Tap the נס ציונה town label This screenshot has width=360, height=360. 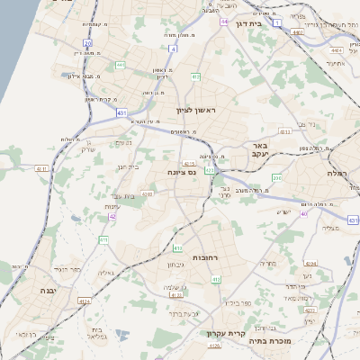pos(182,172)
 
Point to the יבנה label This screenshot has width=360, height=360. pos(48,291)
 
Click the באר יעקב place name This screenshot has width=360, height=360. pos(259,150)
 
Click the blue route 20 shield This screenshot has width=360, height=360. pos(87,42)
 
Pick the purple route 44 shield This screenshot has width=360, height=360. pos(223,21)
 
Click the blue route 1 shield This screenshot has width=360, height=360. pos(278,22)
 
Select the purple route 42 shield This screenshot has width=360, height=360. pos(112,217)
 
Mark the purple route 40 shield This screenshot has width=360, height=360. pos(304,214)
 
